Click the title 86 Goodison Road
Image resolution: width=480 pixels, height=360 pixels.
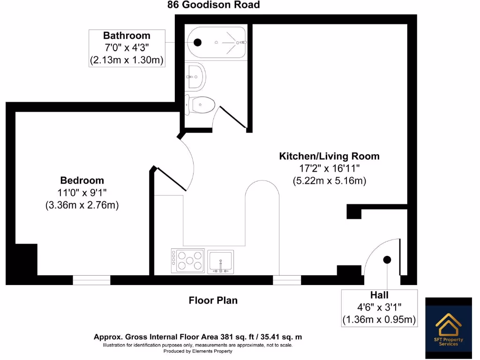[x=214, y=5]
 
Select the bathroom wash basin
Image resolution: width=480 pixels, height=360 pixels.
[x=196, y=76]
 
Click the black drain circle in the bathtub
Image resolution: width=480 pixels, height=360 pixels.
[x=197, y=42]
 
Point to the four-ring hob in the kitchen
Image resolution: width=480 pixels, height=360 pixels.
[x=187, y=261]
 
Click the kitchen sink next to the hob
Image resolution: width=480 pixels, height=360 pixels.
[x=221, y=261]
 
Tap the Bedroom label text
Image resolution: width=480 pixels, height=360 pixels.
[x=82, y=180]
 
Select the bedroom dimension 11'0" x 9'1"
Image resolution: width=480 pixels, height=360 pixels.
[x=82, y=192]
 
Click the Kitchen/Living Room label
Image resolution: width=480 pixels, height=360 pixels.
[x=329, y=156]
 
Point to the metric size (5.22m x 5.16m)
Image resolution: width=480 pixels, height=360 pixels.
[x=329, y=180]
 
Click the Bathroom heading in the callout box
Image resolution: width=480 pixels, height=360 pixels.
[x=127, y=36]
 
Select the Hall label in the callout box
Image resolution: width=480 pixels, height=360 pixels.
[x=379, y=295]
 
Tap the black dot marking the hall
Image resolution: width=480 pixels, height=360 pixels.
[x=387, y=260]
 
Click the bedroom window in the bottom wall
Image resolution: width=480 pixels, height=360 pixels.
[x=91, y=280]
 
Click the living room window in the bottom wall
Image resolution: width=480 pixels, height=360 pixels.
[x=287, y=280]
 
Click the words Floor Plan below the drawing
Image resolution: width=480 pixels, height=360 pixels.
[x=213, y=300]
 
